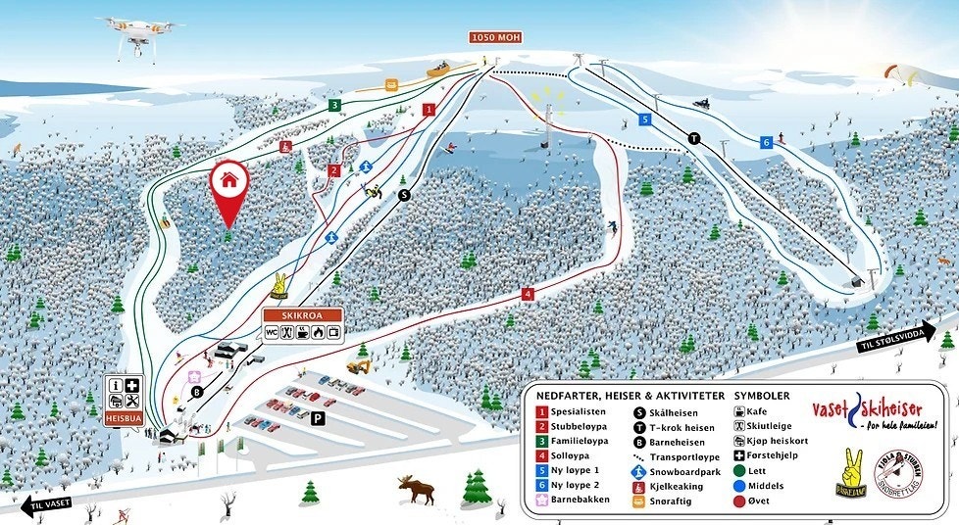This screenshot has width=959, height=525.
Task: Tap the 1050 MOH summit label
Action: click(x=495, y=37)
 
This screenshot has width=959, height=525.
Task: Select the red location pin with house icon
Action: click(x=228, y=186)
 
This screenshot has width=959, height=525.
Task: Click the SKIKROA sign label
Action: click(x=302, y=315)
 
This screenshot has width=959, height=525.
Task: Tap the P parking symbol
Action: click(x=317, y=418)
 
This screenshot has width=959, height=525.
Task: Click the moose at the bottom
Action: click(x=417, y=487)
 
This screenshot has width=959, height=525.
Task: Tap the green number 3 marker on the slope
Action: click(x=334, y=105)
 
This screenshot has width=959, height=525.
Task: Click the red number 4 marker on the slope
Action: click(x=528, y=293)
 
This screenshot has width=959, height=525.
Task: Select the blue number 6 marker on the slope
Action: click(x=767, y=142)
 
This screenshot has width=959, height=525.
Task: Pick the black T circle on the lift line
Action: click(x=694, y=138)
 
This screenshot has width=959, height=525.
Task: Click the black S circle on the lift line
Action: click(x=403, y=195)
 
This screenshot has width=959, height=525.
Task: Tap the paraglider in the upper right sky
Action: click(x=894, y=74)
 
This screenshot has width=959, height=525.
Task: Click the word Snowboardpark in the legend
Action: click(x=682, y=470)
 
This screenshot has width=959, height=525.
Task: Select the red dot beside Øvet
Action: click(x=739, y=501)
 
